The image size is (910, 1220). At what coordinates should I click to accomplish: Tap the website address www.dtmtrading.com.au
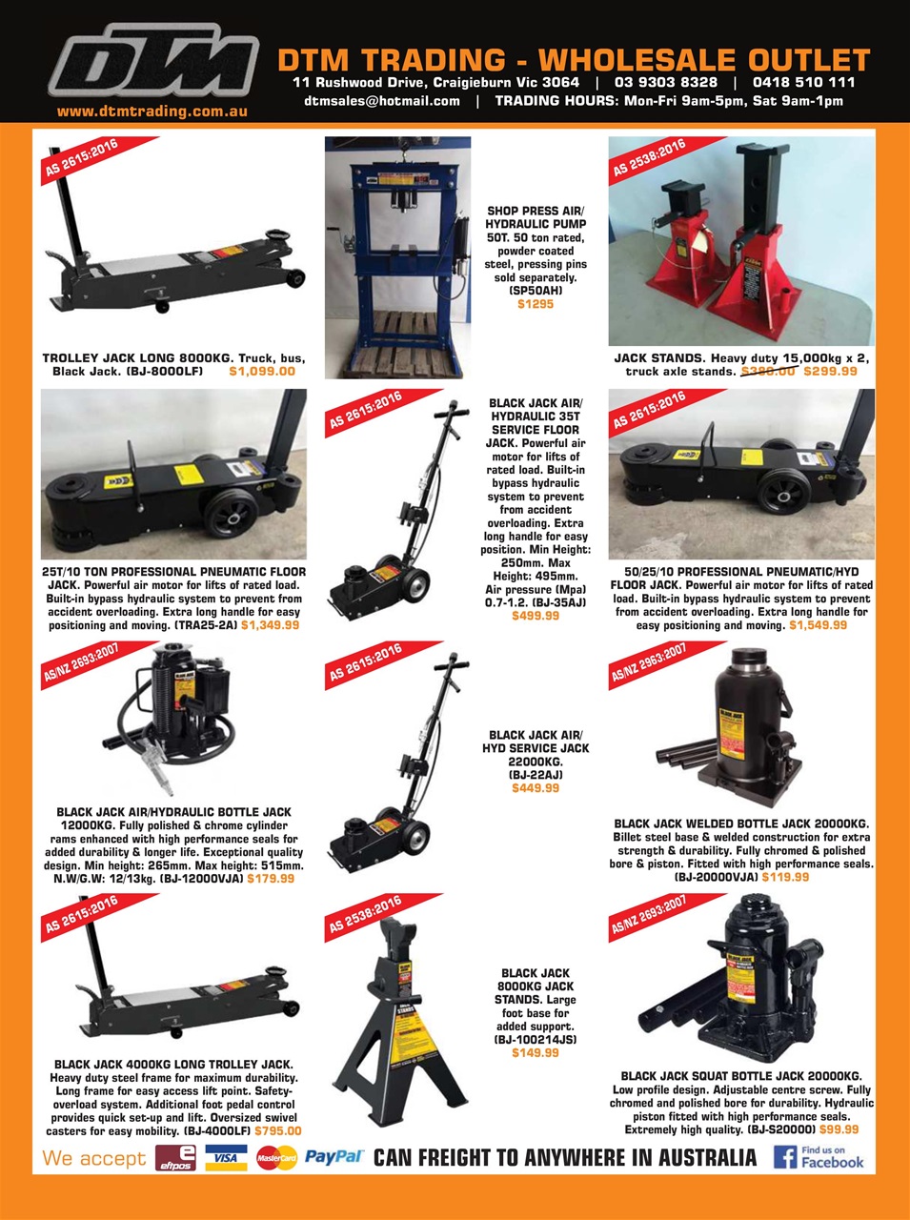click(152, 112)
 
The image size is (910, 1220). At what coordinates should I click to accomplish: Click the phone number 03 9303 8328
click(665, 82)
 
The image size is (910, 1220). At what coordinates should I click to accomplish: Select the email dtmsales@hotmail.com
click(382, 100)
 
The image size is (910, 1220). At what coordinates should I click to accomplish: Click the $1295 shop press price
click(535, 304)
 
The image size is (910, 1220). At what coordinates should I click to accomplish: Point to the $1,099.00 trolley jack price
click(262, 371)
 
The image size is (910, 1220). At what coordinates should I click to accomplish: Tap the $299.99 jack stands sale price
click(830, 371)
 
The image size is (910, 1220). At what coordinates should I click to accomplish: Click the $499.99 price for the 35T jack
click(535, 616)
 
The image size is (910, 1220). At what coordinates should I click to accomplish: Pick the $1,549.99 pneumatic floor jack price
click(818, 625)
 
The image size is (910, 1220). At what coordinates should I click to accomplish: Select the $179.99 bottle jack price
click(271, 879)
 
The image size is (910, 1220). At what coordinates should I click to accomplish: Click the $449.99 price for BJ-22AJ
click(535, 788)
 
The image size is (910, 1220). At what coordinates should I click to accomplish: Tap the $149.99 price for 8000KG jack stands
click(535, 1052)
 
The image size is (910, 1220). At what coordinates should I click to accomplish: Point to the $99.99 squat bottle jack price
click(839, 1129)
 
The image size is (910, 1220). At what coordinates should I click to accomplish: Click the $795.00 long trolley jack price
click(277, 1131)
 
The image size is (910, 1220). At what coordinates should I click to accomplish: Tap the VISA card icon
click(226, 1158)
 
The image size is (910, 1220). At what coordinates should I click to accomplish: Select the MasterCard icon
click(276, 1158)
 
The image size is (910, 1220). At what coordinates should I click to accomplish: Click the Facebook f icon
click(784, 1157)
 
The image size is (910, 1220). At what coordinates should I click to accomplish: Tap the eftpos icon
click(175, 1158)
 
